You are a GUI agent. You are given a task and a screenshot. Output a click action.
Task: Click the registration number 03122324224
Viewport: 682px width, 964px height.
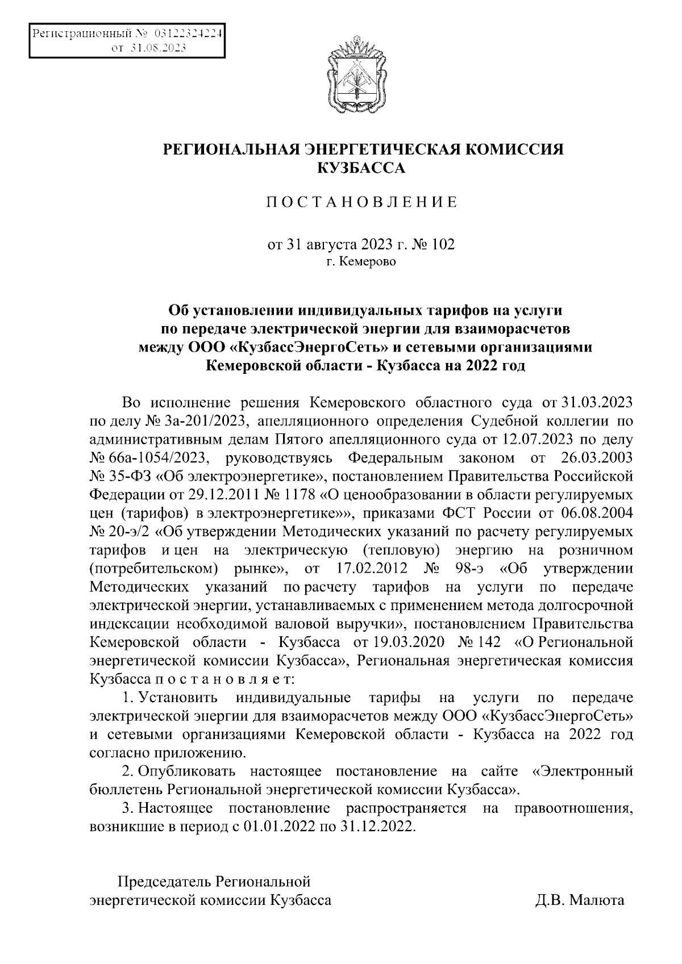tap(187, 34)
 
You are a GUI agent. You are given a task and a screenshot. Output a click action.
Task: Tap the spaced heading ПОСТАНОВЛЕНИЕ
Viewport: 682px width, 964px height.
tap(362, 203)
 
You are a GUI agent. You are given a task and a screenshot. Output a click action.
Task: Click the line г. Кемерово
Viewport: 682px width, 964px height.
tap(361, 262)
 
